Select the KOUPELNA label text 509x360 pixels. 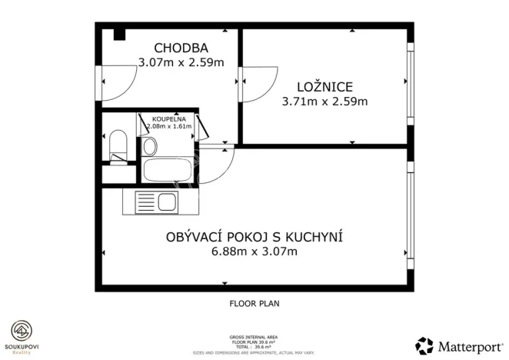(168, 119)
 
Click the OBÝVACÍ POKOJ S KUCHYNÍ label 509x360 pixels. (254, 236)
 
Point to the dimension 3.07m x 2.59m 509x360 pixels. (181, 62)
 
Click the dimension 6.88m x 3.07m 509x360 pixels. (254, 252)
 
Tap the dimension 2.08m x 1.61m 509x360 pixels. (168, 128)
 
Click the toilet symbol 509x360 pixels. (118, 145)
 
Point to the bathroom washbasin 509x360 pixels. (150, 145)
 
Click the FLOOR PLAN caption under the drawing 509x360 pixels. (254, 303)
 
